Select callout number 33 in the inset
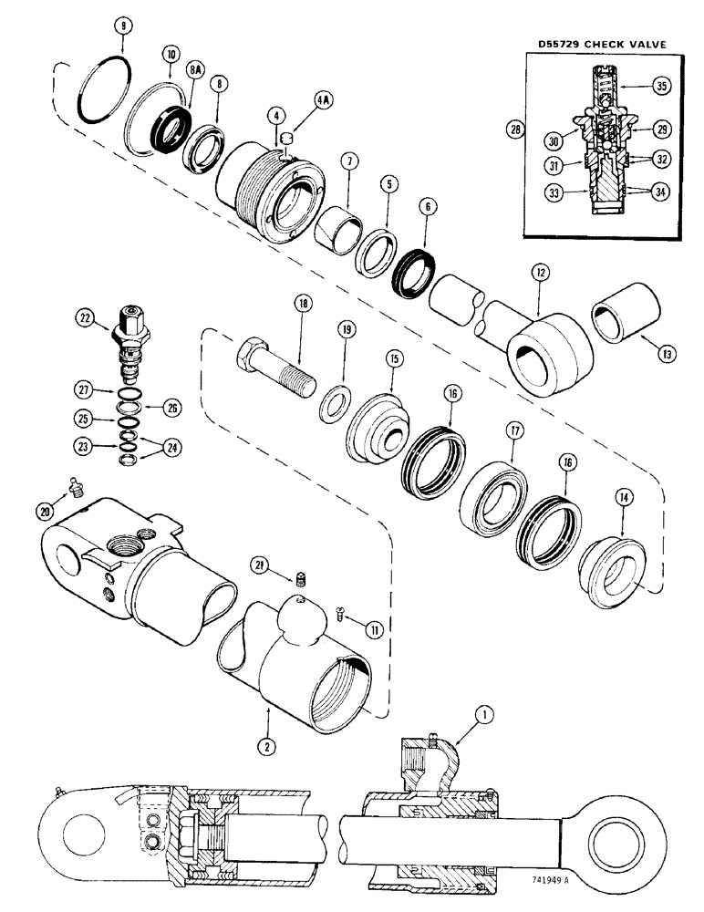click(530, 192)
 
